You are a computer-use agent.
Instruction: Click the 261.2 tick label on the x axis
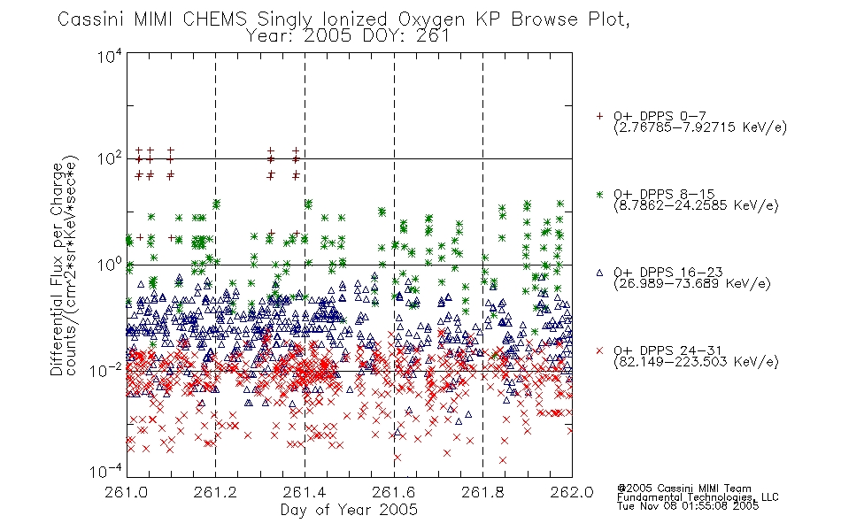tap(215, 492)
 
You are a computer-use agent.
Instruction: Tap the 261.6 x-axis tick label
tap(394, 492)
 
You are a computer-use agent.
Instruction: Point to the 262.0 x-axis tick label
tap(572, 492)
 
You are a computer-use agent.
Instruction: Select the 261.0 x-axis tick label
tap(127, 492)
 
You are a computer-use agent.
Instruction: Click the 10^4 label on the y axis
tap(110, 56)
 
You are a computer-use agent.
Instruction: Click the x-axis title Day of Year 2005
tap(349, 510)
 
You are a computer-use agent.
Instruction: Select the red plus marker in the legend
tap(599, 116)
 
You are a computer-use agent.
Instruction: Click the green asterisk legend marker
tap(599, 194)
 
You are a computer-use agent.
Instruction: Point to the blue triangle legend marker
tap(599, 273)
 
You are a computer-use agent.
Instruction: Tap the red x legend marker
tap(599, 350)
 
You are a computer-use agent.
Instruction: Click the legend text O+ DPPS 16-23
tap(667, 272)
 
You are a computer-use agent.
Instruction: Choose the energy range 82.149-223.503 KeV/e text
tap(696, 362)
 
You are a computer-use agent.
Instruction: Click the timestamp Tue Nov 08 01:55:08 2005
tap(688, 505)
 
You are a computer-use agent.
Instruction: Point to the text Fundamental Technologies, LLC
tap(698, 497)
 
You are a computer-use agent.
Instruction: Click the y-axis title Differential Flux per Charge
tap(57, 269)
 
